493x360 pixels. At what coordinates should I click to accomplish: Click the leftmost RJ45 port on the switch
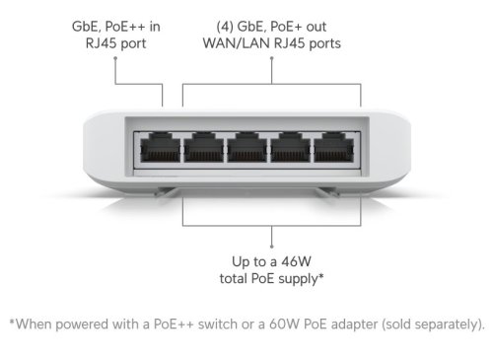pyautogui.click(x=160, y=148)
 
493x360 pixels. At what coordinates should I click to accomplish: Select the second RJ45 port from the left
pyautogui.click(x=203, y=148)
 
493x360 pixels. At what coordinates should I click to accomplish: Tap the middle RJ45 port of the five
pyautogui.click(x=246, y=148)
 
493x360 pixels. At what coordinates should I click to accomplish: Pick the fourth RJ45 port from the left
pyautogui.click(x=290, y=148)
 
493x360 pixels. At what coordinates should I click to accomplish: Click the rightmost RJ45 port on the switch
pyautogui.click(x=333, y=148)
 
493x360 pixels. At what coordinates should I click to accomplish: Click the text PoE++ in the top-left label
pyautogui.click(x=125, y=27)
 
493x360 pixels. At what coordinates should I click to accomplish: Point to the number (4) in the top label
pyautogui.click(x=225, y=27)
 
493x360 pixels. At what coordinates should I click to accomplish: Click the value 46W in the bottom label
pyautogui.click(x=296, y=261)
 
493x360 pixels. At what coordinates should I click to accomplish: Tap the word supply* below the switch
pyautogui.click(x=302, y=279)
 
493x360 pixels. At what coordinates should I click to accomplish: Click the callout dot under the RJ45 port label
pyautogui.click(x=115, y=58)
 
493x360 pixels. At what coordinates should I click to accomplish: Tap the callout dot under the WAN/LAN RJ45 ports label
pyautogui.click(x=272, y=58)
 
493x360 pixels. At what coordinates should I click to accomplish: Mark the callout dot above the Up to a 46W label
pyautogui.click(x=271, y=247)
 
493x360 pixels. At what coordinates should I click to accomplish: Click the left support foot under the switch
pyautogui.click(x=166, y=192)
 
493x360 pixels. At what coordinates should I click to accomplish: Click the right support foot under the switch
pyautogui.click(x=327, y=192)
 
